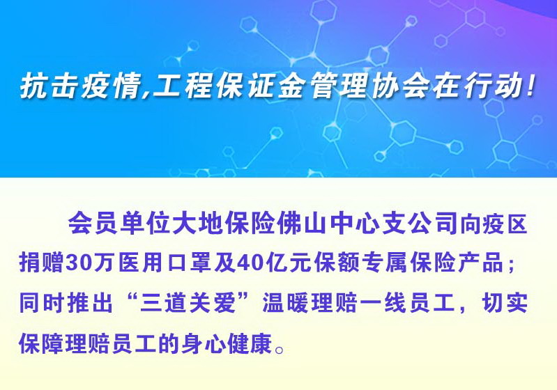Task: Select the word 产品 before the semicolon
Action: coord(481,263)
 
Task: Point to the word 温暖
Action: coord(286,303)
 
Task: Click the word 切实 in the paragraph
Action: coord(505,303)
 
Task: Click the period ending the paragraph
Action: coord(280,350)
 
